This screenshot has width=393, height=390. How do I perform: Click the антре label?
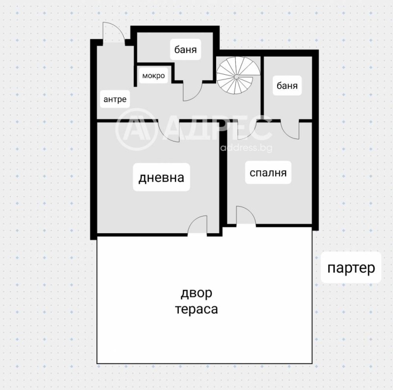point(114,99)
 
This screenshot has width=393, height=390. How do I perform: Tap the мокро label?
point(153,76)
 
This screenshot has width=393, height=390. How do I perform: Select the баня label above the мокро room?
point(186,50)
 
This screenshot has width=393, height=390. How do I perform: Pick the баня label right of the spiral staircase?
point(287,85)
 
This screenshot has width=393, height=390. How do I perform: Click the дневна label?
point(161,177)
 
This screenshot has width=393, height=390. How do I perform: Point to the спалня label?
point(268,173)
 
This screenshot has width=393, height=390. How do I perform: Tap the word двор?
point(196,293)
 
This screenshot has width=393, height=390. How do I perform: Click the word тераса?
point(196,309)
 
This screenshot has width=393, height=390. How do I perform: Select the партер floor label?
point(351,268)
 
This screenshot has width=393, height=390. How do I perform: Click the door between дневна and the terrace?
point(197,226)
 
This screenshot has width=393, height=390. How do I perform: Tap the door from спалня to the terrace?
point(245,216)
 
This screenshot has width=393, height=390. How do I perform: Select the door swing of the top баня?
point(192,90)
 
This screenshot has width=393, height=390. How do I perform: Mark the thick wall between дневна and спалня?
point(223,187)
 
